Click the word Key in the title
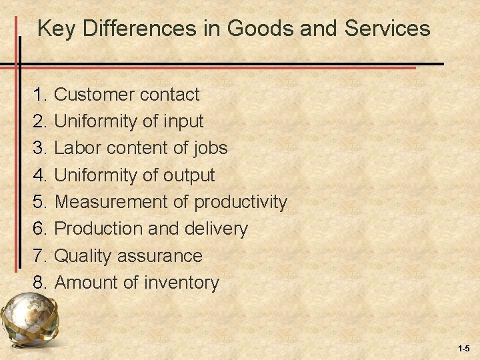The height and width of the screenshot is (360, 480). point(54,29)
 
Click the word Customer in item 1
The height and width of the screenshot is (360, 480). point(95,95)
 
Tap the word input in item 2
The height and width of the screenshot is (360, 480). point(183,122)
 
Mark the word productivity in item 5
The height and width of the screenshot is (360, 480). point(241,202)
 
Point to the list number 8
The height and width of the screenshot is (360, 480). point(39,283)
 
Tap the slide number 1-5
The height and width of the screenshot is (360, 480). point(464,349)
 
